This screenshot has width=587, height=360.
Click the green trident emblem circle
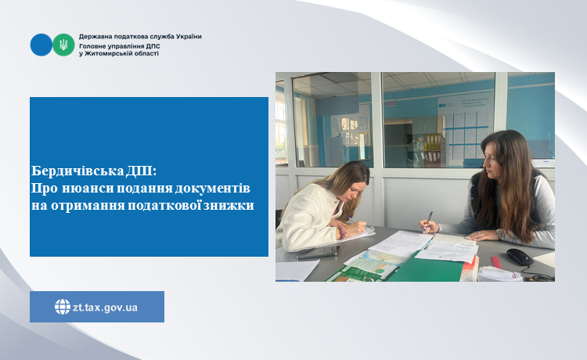click(x=63, y=45)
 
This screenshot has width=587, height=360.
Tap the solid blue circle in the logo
click(x=41, y=45)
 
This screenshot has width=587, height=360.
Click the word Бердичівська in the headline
click(x=77, y=171)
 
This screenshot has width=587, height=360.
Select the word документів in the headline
click(x=212, y=189)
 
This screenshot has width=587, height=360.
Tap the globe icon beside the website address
click(x=63, y=307)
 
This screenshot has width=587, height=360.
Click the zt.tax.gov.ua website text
click(x=105, y=308)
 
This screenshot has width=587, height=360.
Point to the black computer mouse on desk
click(x=520, y=257)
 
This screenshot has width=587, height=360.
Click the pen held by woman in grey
click(x=427, y=222)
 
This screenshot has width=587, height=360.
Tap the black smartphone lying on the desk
click(x=318, y=253)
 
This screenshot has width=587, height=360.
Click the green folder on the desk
click(x=426, y=268)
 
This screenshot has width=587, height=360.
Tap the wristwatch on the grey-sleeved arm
click(x=499, y=234)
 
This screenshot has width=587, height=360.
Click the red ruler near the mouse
click(x=496, y=262)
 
